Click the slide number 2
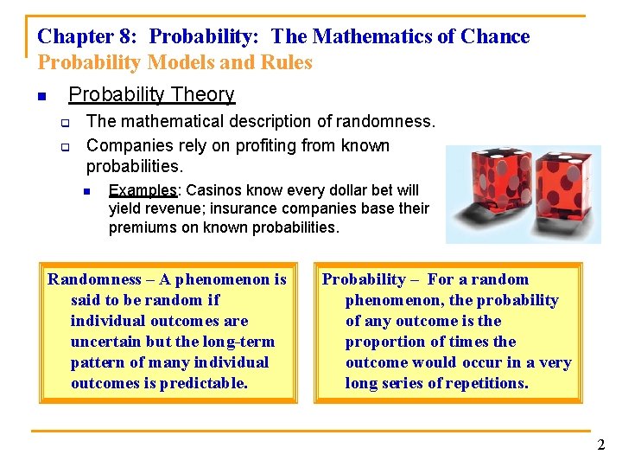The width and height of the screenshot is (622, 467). pyautogui.click(x=600, y=445)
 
